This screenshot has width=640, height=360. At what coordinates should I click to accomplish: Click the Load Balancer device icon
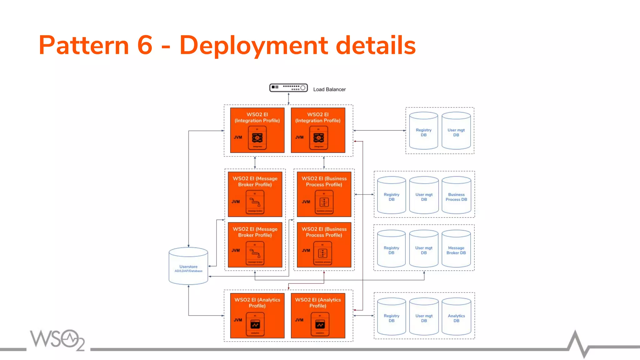point(288,88)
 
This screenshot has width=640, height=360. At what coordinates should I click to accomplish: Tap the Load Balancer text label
point(329,89)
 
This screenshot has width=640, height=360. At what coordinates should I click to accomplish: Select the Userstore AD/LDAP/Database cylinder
point(188,267)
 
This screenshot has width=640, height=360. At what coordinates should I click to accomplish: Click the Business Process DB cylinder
point(456,196)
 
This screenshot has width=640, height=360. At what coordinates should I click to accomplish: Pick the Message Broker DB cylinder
point(456,249)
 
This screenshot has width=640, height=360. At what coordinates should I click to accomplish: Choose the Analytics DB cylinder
point(456,317)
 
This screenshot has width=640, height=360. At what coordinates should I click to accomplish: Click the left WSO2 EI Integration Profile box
point(257,130)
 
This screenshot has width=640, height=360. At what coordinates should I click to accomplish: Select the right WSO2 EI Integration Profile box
point(318,130)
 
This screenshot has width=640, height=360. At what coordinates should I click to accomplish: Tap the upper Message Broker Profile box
point(255,194)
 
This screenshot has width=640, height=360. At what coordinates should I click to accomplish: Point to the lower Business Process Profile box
point(324,245)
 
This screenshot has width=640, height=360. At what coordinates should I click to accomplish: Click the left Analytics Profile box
point(257,315)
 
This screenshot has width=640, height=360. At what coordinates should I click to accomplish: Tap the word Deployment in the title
point(253,46)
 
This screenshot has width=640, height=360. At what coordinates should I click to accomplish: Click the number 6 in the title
point(145,45)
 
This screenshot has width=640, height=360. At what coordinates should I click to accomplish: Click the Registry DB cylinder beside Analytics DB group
point(391,317)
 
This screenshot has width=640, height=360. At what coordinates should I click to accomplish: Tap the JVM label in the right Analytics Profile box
point(299,320)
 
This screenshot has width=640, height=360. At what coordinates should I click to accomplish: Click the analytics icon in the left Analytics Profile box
point(255,325)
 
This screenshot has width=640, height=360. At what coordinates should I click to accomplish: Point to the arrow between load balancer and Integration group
point(288,98)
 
